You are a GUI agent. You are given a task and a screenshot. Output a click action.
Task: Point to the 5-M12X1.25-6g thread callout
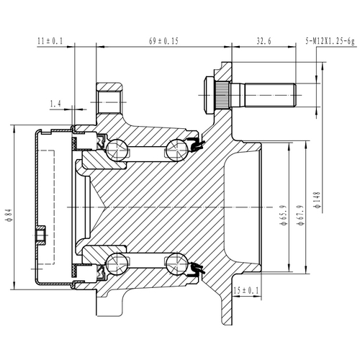tap(329, 42)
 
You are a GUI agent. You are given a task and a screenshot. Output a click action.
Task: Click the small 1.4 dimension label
tap(56, 105)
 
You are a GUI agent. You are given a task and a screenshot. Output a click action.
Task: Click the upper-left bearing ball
tap(117, 149)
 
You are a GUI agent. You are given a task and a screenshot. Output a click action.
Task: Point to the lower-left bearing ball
tap(117, 263)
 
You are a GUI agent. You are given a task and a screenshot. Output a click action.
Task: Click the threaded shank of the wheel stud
tap(270, 93)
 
